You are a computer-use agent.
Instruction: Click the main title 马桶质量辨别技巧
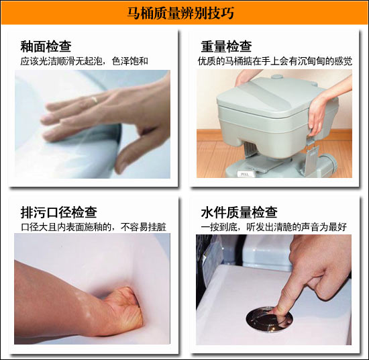click(x=180, y=13)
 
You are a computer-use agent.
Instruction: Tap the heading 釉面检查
click(x=46, y=46)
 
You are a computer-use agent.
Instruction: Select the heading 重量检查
click(x=226, y=46)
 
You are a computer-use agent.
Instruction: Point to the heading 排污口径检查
click(x=58, y=212)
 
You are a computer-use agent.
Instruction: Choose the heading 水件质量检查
click(x=239, y=212)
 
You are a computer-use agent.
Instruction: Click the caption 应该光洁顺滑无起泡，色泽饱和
click(x=84, y=61)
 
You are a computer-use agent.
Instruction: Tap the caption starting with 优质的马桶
click(x=275, y=61)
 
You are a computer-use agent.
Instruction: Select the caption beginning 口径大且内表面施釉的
click(x=94, y=227)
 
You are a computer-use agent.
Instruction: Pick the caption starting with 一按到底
click(x=274, y=227)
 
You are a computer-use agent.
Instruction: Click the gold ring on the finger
click(x=95, y=99)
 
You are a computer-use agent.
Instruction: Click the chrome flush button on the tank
click(x=269, y=319)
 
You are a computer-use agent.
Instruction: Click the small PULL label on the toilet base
click(x=245, y=174)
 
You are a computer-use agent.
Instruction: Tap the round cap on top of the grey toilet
click(x=276, y=77)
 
